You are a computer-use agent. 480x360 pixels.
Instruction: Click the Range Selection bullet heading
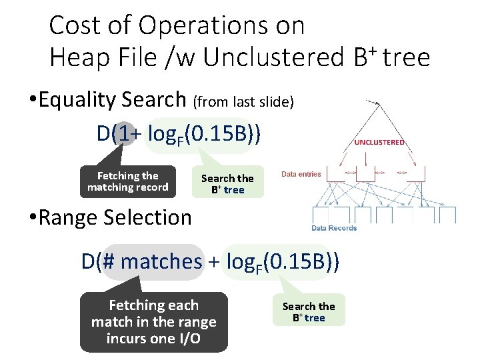[115, 217]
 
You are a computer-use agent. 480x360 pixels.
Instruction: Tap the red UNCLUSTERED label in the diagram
[379, 142]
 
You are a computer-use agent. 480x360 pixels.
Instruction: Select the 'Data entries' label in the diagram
[301, 174]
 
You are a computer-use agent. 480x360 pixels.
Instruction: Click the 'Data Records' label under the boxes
[334, 228]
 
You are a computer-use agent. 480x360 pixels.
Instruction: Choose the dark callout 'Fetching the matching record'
[128, 181]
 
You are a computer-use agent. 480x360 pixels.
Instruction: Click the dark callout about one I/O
[153, 322]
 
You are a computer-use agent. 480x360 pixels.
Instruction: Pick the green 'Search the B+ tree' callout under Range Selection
[309, 311]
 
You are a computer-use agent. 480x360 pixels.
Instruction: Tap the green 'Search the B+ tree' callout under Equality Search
[227, 183]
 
